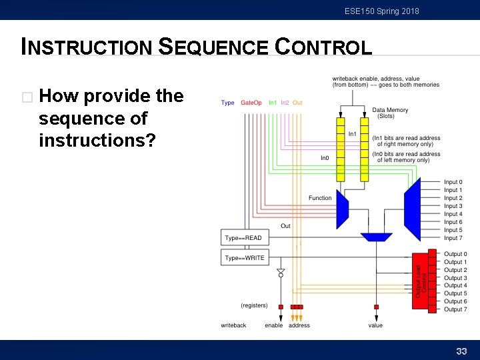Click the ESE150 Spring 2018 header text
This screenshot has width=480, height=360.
pos(382,11)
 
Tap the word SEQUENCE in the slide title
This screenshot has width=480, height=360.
pos(213,47)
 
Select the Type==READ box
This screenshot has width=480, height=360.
pos(243,238)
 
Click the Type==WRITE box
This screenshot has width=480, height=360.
pos(244,258)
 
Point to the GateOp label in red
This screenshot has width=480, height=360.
pos(251,103)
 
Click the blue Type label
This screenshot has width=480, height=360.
pos(227,103)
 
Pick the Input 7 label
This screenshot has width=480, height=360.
pos(453,238)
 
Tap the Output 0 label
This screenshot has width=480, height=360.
pos(455,254)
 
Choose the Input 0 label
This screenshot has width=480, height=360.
pos(453,182)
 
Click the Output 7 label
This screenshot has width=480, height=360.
pos(455,309)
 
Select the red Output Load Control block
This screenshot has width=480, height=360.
pos(420,280)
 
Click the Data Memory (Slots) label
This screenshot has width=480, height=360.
pos(390,113)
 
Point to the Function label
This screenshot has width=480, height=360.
pos(320,198)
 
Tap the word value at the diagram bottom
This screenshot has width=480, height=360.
pos(375,325)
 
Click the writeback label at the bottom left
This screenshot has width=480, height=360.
pos(233,325)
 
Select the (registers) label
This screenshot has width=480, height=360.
pos(254,305)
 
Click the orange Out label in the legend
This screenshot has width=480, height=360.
pos(297,103)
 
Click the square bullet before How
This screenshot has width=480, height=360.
pos(27,97)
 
